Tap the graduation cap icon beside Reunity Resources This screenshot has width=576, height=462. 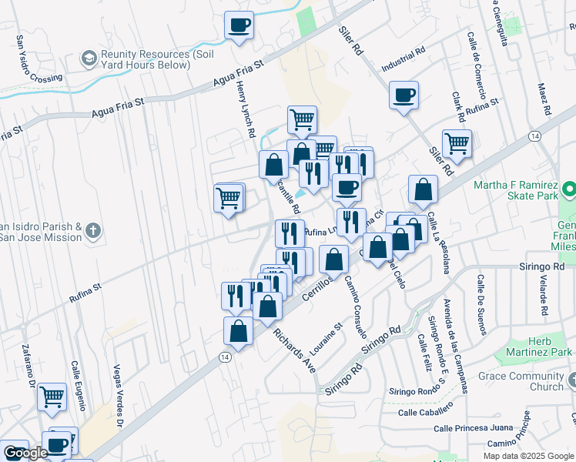[x=89, y=59]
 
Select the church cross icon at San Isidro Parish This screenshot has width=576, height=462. [x=92, y=230]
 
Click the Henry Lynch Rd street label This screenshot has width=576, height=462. [x=245, y=111]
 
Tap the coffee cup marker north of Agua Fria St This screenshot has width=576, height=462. [x=239, y=25]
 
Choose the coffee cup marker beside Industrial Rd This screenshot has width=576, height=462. [x=404, y=96]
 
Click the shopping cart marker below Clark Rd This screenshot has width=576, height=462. [x=457, y=143]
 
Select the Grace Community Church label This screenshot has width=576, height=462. [x=521, y=381]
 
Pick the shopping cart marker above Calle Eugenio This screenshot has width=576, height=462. [x=52, y=397]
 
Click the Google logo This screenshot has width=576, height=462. [x=25, y=453]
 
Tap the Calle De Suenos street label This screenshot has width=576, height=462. [x=481, y=305]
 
